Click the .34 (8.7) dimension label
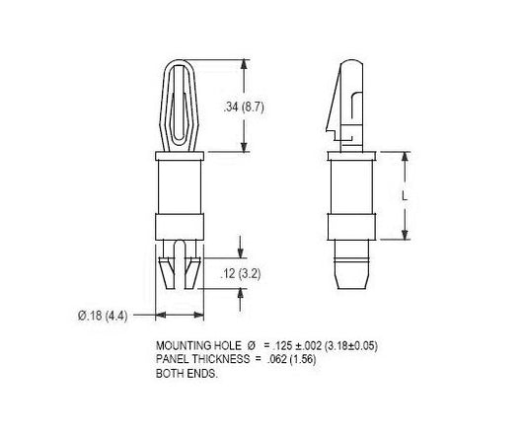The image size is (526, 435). (244, 108)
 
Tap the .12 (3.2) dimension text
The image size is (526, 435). (240, 274)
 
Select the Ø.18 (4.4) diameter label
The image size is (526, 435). (103, 316)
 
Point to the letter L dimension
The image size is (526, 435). (405, 196)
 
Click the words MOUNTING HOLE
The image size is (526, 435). (198, 345)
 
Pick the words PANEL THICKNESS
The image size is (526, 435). (202, 359)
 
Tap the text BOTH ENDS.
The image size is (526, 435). (187, 373)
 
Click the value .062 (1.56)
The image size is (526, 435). (291, 359)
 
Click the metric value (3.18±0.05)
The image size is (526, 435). (351, 345)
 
